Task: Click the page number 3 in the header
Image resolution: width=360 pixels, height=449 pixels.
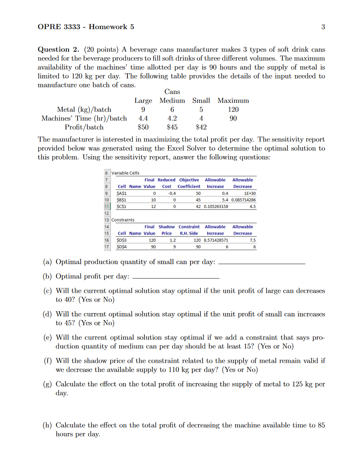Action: [323, 27]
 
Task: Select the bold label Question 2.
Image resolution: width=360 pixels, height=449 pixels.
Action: [59, 49]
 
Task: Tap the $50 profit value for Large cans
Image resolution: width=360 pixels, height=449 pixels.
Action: [143, 127]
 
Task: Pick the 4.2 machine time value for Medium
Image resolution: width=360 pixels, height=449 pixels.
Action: [172, 119]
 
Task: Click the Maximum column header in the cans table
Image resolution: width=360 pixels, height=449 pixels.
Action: [233, 101]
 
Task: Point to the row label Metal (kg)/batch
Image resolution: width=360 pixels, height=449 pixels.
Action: [84, 109]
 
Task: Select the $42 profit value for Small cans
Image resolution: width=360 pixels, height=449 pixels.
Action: [201, 127]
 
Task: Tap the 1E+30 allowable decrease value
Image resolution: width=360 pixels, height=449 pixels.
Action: [248, 193]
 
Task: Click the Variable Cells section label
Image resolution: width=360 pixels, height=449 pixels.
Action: [125, 173]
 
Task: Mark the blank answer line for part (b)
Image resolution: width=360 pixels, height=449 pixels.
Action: [175, 277]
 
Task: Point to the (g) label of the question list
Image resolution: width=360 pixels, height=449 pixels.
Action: [47, 384]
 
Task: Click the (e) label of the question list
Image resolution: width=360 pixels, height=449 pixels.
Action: [47, 338]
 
